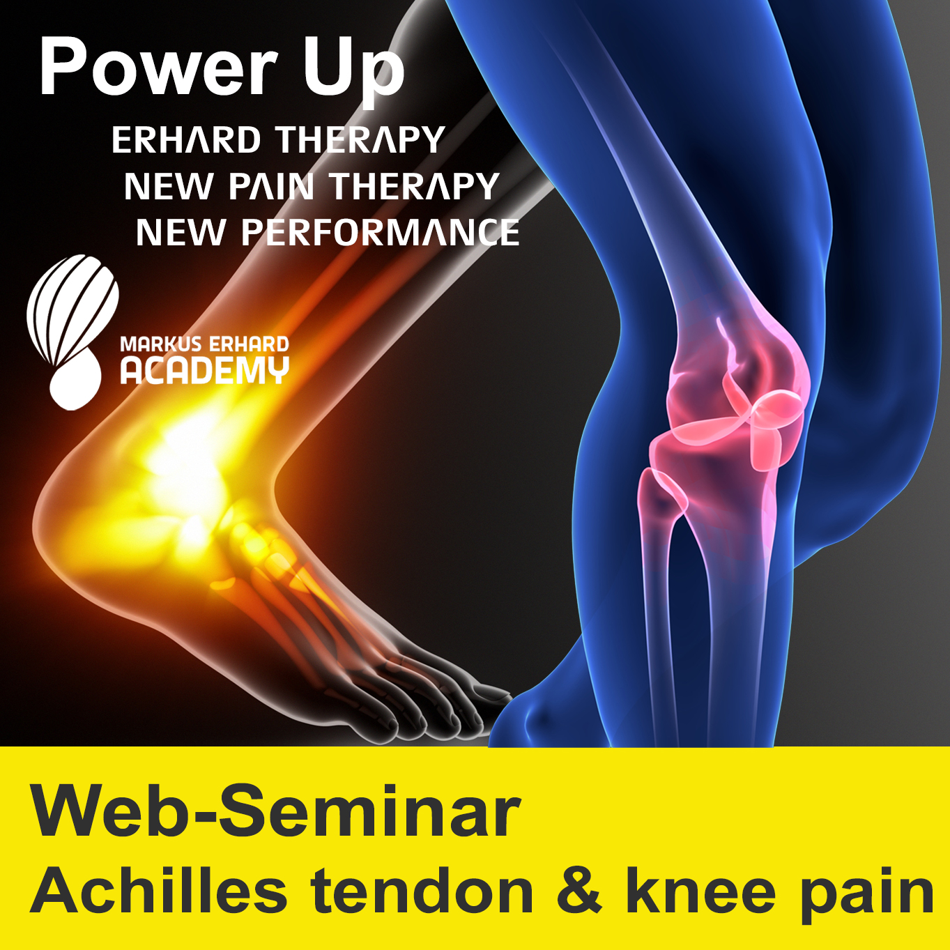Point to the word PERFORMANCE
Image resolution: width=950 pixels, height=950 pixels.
(380, 232)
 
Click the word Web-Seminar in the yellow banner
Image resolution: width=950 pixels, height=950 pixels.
(276, 811)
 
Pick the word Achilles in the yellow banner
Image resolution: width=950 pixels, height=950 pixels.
(159, 894)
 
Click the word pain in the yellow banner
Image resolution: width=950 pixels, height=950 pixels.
(867, 902)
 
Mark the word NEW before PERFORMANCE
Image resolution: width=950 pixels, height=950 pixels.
(179, 232)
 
